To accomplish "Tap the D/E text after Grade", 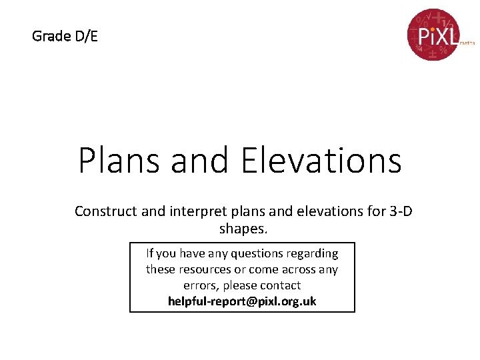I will point(85,36).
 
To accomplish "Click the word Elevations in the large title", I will point(321,161).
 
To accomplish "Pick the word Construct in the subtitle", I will point(106,211).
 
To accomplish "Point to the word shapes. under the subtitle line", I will point(243,229).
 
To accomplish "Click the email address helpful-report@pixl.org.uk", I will point(242,301).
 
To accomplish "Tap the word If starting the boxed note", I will point(150,253).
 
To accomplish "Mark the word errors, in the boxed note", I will point(181,285).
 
